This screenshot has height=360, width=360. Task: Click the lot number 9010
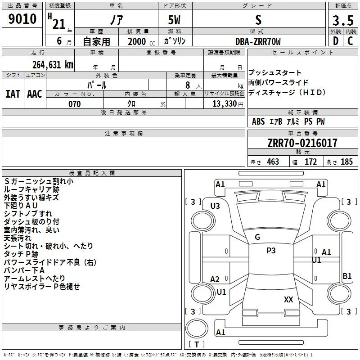coord(22,19)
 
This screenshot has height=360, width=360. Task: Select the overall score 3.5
coord(343,20)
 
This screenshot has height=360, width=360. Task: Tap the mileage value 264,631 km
coord(53,64)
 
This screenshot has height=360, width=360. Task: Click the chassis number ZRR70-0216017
coord(302,143)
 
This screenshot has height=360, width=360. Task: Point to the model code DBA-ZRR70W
coord(258,41)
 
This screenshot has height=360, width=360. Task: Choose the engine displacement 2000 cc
coord(141,42)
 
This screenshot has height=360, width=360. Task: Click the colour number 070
coord(75,104)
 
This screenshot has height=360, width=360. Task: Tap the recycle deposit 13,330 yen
coord(228,104)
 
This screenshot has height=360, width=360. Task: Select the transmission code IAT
coord(13,94)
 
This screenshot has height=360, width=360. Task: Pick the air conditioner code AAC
coord(35,94)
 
